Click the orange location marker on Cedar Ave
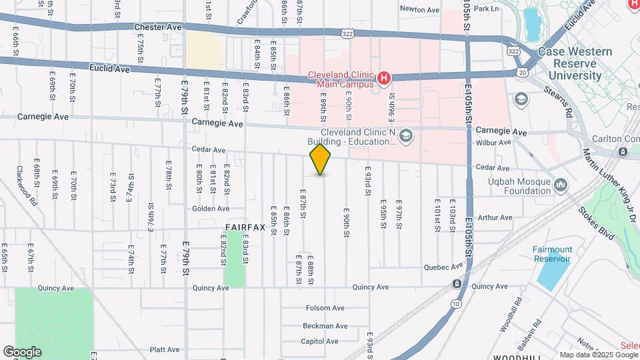point(321,159)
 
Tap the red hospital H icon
point(383,79)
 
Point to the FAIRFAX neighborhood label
point(245,227)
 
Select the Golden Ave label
point(211,208)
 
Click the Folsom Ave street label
point(325,308)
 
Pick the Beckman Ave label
point(325,326)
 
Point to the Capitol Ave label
point(321,341)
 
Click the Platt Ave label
point(165,349)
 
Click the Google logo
point(22,352)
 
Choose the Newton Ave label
point(419,9)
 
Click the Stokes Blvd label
point(587,225)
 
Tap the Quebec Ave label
point(443,266)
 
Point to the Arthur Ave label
point(495,217)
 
